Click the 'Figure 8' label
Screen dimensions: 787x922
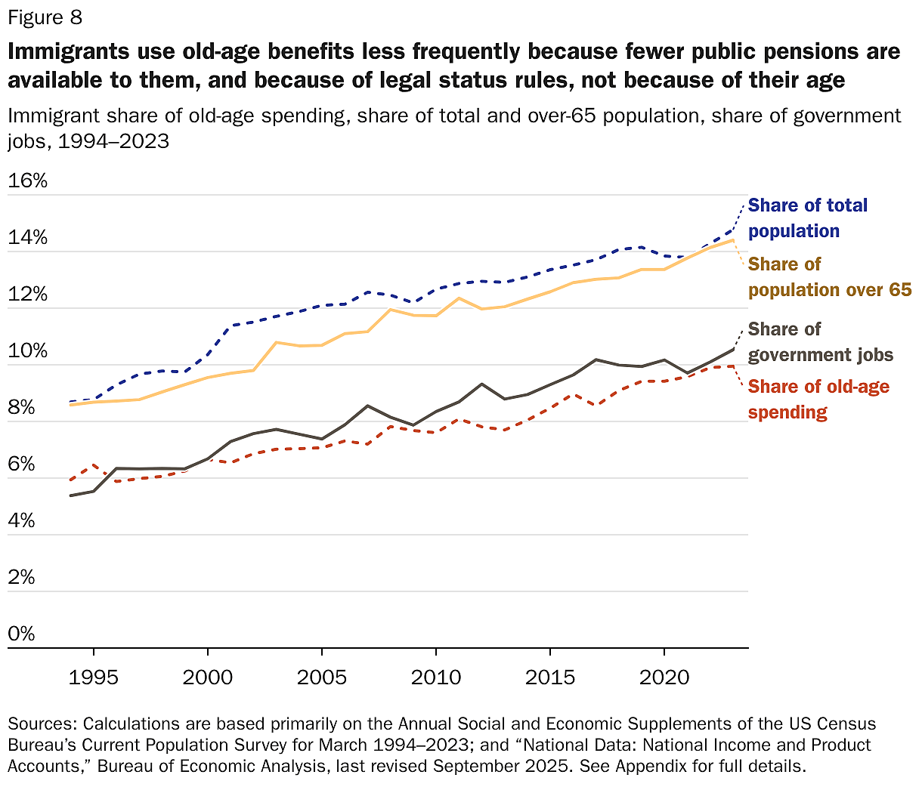click(45, 17)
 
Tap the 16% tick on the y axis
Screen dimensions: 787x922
click(28, 181)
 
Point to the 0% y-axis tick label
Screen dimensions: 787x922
click(22, 634)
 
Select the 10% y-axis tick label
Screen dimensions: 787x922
click(28, 351)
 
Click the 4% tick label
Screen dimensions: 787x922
click(22, 521)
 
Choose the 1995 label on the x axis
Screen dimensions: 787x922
click(94, 676)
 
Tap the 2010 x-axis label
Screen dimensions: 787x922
click(435, 676)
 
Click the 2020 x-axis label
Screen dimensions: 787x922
click(664, 676)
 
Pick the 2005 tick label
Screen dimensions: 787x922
click(322, 676)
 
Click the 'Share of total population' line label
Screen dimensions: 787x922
click(807, 218)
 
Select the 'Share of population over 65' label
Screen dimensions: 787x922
click(829, 277)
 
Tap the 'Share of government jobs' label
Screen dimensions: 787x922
click(820, 342)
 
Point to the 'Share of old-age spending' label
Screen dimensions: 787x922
click(818, 400)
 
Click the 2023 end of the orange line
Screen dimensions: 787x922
click(732, 240)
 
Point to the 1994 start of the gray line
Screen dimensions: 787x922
click(70, 495)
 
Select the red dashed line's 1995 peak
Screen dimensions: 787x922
click(94, 465)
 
